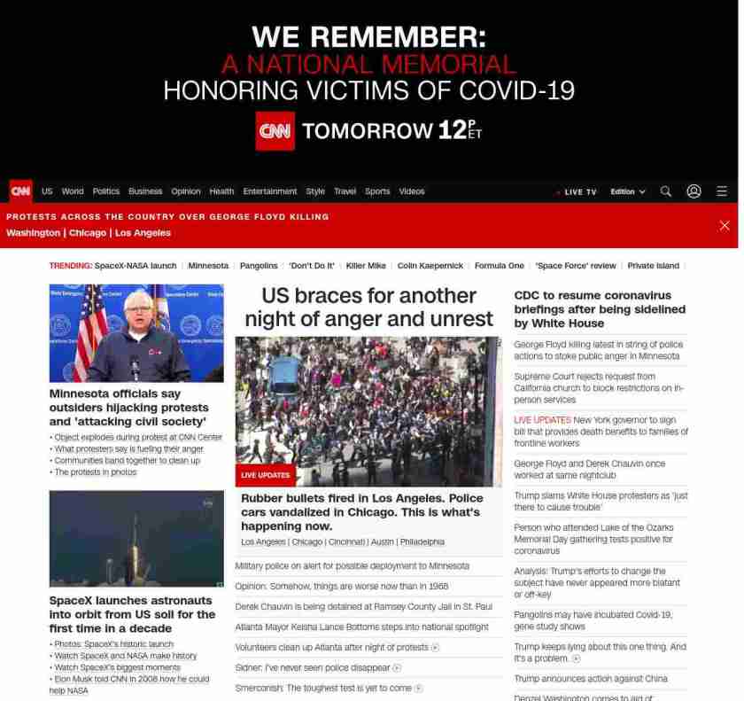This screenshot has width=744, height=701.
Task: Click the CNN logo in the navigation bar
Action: tap(20, 191)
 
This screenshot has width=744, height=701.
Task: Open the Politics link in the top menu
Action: tap(106, 191)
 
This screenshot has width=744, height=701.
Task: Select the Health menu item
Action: tap(221, 191)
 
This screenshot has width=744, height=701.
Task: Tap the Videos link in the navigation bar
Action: tap(412, 191)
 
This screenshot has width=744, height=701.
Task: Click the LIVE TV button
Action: tap(577, 192)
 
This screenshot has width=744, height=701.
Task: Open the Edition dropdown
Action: tap(628, 191)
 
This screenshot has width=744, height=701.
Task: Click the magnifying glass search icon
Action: tap(666, 191)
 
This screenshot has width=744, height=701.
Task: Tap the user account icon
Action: tap(694, 191)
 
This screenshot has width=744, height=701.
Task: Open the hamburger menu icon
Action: tap(722, 191)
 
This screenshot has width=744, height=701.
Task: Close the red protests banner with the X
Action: tap(725, 225)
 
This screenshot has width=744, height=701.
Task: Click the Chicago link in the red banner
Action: tap(88, 233)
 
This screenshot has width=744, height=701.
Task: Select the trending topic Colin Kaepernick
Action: tap(430, 266)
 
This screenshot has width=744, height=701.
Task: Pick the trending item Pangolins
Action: tap(259, 266)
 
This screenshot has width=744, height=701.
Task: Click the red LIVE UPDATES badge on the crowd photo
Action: tap(266, 475)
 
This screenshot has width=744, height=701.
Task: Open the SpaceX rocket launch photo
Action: tap(136, 538)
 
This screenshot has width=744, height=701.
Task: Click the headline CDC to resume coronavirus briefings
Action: tap(600, 308)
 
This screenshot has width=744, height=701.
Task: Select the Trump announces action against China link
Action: tap(591, 679)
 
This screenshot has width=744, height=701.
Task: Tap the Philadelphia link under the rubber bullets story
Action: tap(422, 541)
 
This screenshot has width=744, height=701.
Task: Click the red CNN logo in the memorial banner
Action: tap(275, 131)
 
